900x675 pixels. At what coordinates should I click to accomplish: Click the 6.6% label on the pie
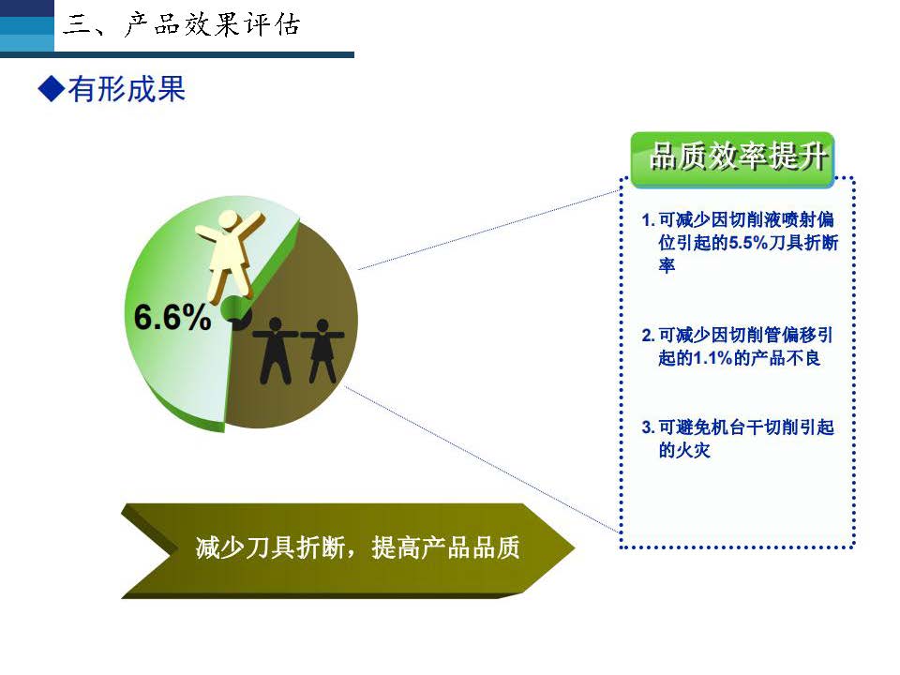coord(172,317)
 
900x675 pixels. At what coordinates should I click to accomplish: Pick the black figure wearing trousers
coord(276,351)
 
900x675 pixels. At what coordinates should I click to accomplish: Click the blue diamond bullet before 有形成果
coord(51,89)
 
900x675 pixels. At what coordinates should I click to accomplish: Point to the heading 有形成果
coord(127,90)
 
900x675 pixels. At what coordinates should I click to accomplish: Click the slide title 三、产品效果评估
coord(181,25)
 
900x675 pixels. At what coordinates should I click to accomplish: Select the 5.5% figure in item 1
coord(748,243)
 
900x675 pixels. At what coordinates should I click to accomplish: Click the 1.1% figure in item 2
coord(712,358)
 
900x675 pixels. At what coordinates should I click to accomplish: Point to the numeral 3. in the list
coord(648,427)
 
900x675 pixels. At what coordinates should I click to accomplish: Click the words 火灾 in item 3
coord(694,450)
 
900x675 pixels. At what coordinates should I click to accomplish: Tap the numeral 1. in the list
coord(648,219)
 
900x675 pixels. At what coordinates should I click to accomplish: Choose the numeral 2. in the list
coord(648,336)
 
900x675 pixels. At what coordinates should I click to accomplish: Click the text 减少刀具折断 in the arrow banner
coord(270,547)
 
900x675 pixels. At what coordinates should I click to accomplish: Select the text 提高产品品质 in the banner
coord(445,547)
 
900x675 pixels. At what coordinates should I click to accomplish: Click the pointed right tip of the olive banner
coord(574,547)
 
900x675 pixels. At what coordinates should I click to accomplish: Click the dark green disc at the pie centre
coord(235,311)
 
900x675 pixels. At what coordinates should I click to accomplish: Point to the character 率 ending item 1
coord(667,265)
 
